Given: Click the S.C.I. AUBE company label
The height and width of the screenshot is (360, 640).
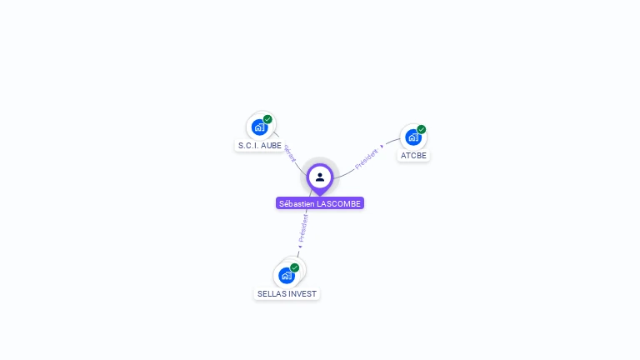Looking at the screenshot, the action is [x=260, y=145].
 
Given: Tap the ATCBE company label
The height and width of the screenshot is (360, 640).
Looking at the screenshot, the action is [x=413, y=155].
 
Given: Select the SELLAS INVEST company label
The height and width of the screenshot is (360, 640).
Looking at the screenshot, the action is [x=287, y=294].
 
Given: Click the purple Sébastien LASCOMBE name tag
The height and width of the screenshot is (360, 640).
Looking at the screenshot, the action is [x=320, y=203].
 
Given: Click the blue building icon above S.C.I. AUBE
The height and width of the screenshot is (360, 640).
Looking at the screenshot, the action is [x=259, y=127].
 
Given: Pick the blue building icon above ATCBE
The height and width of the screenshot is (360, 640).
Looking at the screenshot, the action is [x=412, y=137].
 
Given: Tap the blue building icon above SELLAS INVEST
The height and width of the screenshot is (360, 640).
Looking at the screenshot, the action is [x=286, y=276].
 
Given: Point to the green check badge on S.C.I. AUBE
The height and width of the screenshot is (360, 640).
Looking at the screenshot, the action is [x=267, y=119].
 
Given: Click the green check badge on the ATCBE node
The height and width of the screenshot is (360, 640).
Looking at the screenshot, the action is [x=422, y=129].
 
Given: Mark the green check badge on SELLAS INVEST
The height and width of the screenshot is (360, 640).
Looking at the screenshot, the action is [x=294, y=267].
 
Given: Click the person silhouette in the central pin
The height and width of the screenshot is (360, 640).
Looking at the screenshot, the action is [x=320, y=177].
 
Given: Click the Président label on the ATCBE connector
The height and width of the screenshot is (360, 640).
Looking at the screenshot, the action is [x=366, y=158].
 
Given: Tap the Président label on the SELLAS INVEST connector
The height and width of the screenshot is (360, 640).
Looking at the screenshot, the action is [x=303, y=227].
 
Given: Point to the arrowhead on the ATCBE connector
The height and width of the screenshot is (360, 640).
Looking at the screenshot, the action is [x=382, y=147].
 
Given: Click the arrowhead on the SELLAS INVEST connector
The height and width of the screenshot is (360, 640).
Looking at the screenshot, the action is [x=300, y=247].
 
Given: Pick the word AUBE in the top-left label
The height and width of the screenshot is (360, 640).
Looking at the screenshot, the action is [x=271, y=145].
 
